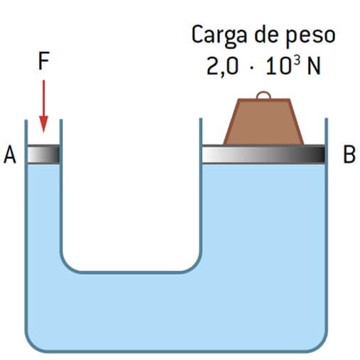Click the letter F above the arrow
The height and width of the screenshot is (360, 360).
pyautogui.click(x=44, y=61)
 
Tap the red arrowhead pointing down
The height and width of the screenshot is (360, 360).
pyautogui.click(x=43, y=124)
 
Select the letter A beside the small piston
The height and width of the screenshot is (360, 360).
pyautogui.click(x=10, y=155)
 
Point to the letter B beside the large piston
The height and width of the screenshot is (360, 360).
pyautogui.click(x=349, y=155)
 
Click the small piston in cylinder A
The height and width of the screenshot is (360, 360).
pyautogui.click(x=43, y=154)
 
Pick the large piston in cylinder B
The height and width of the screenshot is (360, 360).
pyautogui.click(x=263, y=154)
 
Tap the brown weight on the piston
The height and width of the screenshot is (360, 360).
pyautogui.click(x=263, y=121)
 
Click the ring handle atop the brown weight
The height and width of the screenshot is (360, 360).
pyautogui.click(x=263, y=94)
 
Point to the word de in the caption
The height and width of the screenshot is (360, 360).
pyautogui.click(x=266, y=35)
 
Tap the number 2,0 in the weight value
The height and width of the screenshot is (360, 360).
pyautogui.click(x=222, y=67)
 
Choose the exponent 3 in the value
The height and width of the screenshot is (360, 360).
pyautogui.click(x=298, y=61)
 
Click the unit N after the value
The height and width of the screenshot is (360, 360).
pyautogui.click(x=314, y=67)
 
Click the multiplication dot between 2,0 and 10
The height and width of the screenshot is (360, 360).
pyautogui.click(x=251, y=67)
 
